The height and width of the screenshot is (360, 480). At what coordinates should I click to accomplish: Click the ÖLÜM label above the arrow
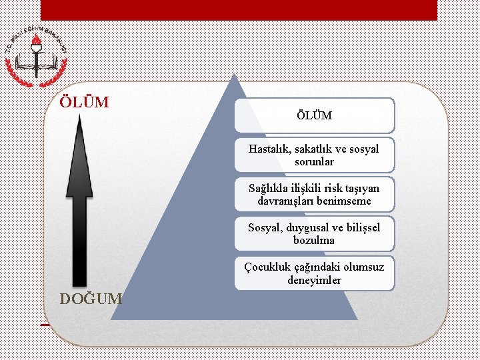[x=84, y=102]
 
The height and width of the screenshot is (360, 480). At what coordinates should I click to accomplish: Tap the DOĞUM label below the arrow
[x=91, y=299]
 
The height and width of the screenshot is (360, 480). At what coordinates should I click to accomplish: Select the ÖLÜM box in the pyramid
[x=314, y=115]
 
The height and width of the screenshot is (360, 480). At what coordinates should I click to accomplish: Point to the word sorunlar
[x=314, y=161]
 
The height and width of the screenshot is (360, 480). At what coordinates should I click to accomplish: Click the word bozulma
[x=314, y=240]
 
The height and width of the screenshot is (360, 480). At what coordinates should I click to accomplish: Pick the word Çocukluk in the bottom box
[x=266, y=267]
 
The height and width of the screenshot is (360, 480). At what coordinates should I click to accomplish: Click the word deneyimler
[x=314, y=280]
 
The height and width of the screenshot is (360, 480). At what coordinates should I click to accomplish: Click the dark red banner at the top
[x=239, y=9]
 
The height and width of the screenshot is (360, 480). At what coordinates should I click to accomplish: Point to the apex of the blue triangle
[x=233, y=75]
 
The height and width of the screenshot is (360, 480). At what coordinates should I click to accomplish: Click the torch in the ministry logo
[x=37, y=47]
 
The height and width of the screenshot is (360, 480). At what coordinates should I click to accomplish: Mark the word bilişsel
[x=363, y=227]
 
